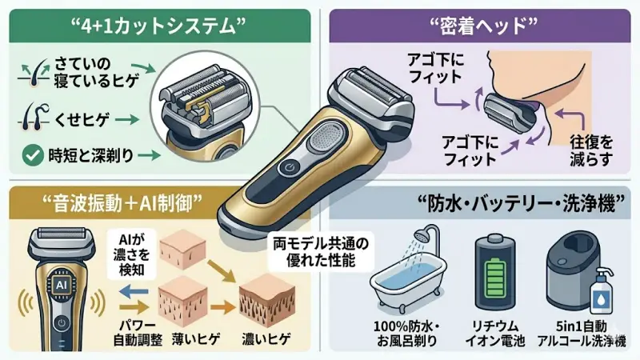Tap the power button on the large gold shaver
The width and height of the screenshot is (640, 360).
[288, 169]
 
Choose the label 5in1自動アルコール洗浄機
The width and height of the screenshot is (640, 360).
[582, 334]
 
